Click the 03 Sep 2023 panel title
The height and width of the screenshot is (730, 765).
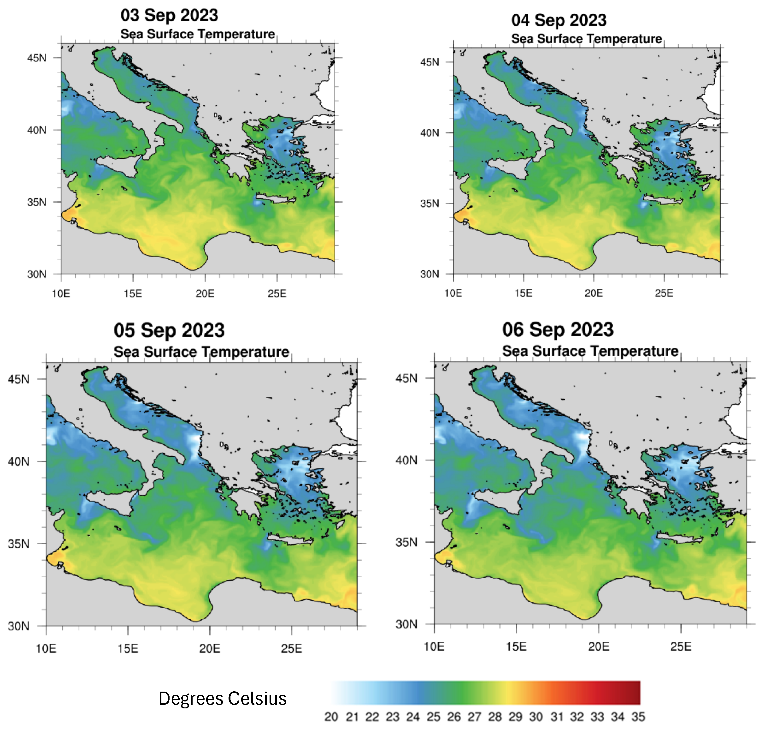point(169,16)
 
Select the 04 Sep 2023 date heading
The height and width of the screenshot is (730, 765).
point(559,20)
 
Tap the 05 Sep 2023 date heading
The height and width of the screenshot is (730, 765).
point(169,330)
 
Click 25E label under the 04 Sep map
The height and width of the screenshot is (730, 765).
point(664,293)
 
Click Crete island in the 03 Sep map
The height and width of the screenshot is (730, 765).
point(275,199)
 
